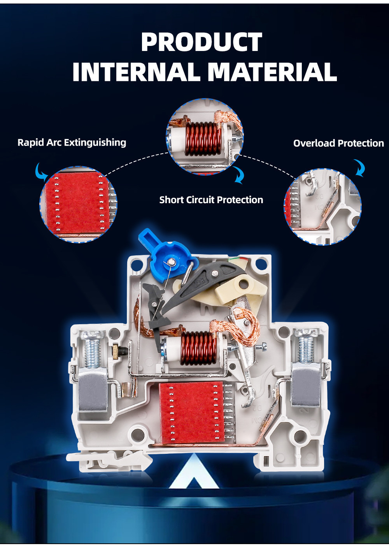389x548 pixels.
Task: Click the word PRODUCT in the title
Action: [x=202, y=42]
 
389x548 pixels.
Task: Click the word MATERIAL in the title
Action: [x=272, y=72]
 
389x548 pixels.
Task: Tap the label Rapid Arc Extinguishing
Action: [x=72, y=142]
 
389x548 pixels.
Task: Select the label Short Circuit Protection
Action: [x=211, y=200]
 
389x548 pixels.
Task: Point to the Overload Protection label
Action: [x=338, y=143]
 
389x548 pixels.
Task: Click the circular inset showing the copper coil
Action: [x=205, y=137]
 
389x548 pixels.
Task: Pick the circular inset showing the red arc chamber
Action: [x=78, y=205]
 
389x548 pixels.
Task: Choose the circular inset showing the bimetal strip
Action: [x=323, y=207]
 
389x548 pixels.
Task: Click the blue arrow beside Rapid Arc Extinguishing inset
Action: [x=40, y=171]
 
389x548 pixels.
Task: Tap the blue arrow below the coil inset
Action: [x=238, y=175]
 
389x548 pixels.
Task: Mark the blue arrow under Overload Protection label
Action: [x=359, y=168]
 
